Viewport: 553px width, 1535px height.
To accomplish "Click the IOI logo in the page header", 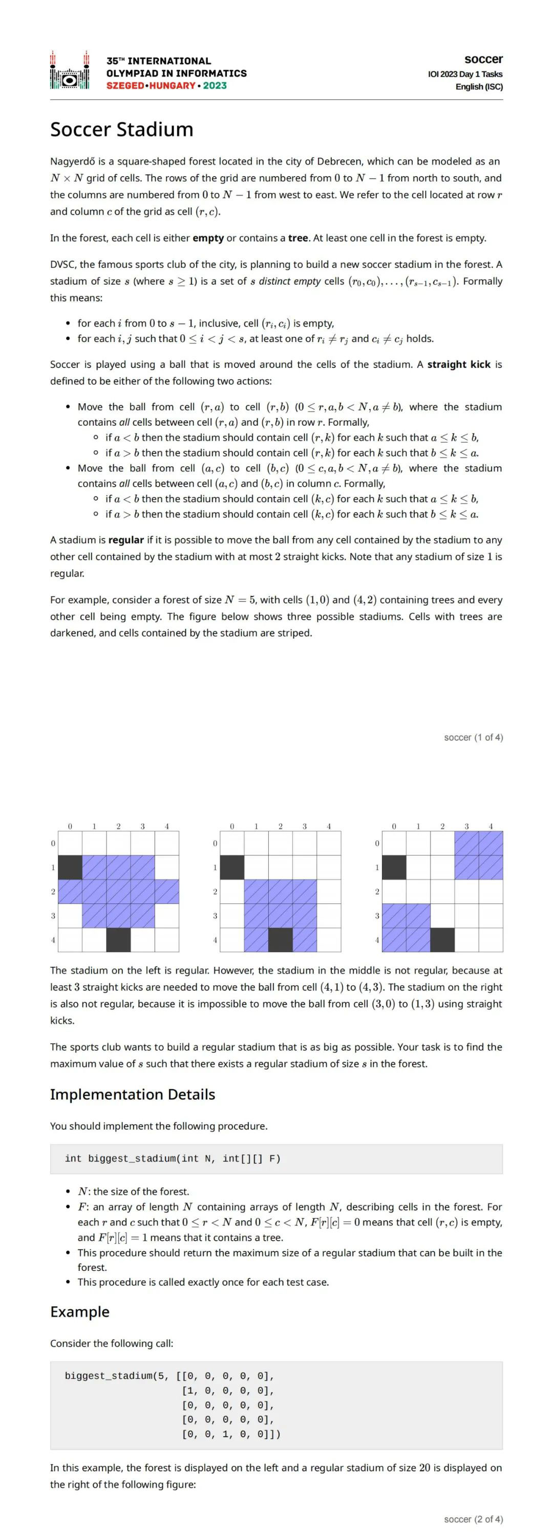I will pos(70,70).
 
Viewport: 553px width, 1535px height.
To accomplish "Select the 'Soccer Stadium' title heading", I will pos(121,129).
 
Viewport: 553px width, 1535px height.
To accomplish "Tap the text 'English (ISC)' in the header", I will pos(479,87).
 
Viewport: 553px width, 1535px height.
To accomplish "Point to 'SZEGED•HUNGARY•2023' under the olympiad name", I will pos(166,86).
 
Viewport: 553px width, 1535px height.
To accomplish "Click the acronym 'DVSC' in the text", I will pos(62,265).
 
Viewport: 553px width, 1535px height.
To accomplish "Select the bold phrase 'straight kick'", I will pos(459,364).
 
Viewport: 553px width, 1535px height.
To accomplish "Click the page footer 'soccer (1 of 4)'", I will pos(473,738).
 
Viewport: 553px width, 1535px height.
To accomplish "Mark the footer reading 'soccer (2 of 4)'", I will pos(473,1519).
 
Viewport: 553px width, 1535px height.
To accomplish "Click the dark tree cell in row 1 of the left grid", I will pos(70,868).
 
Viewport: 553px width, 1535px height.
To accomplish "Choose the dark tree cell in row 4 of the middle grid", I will pos(281,940).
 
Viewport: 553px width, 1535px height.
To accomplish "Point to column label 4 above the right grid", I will pos(491,827).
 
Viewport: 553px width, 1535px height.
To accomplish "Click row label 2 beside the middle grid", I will pos(215,892).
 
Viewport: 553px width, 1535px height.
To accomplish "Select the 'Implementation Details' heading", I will pos(132,1095).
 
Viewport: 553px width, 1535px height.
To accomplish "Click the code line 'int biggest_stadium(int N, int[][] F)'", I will pos(172,1159).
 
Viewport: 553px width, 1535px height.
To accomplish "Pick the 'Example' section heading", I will pos(80,1312).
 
